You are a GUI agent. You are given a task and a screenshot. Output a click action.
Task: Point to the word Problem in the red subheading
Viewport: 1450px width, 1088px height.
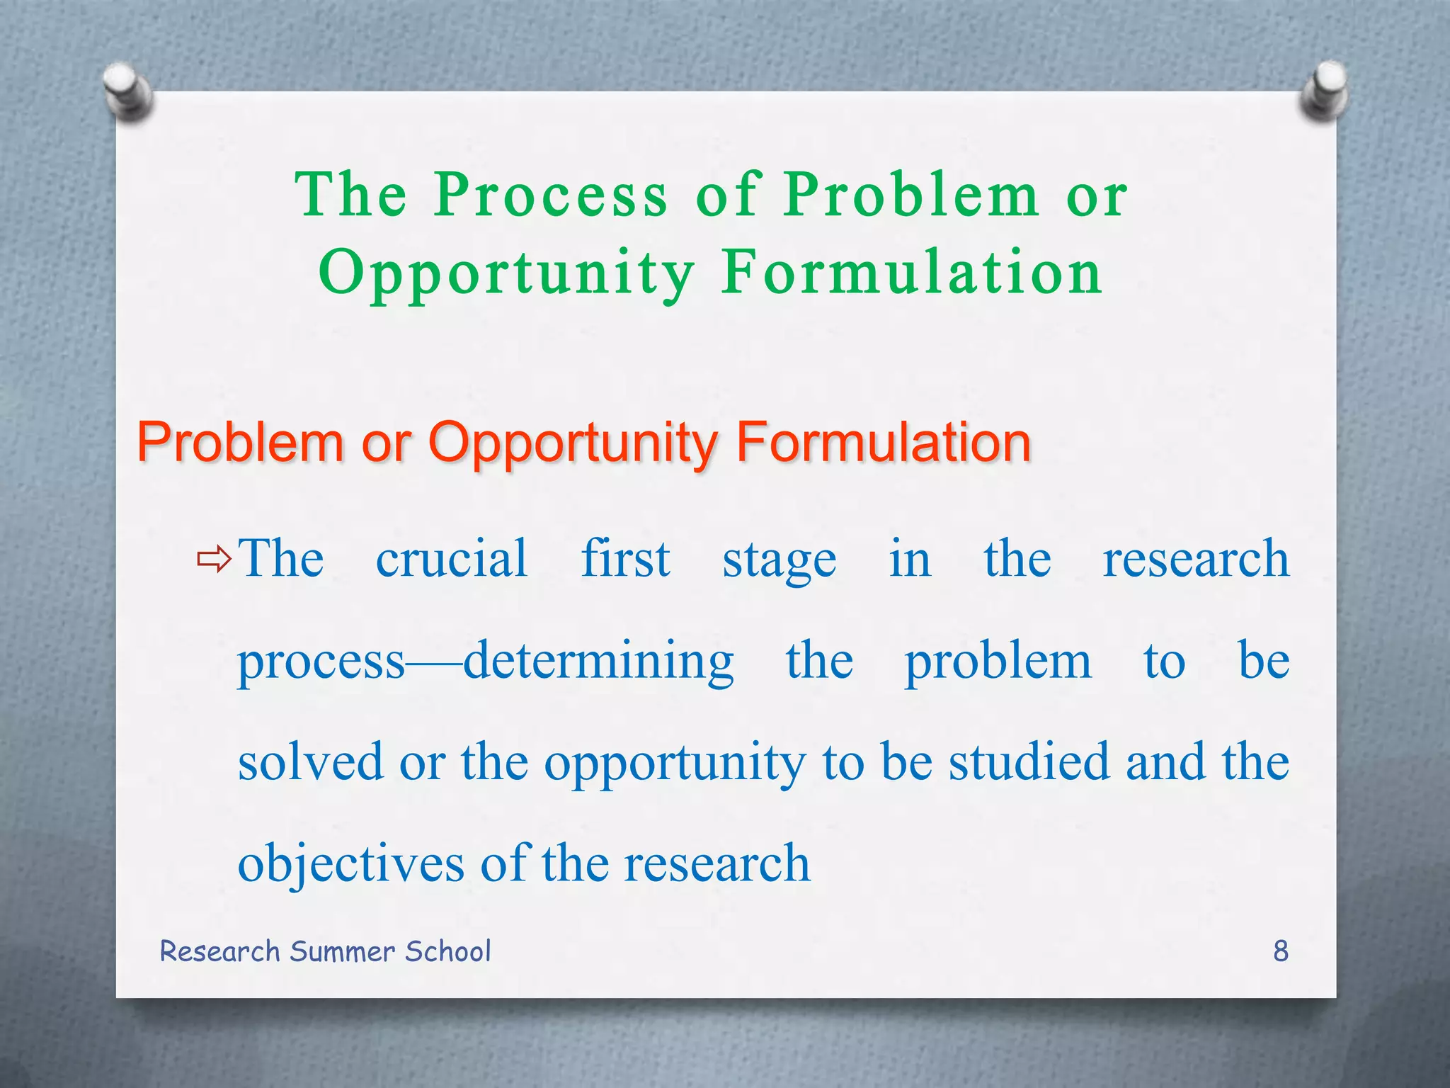(240, 443)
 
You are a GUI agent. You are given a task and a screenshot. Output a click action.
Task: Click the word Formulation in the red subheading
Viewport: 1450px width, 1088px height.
(883, 443)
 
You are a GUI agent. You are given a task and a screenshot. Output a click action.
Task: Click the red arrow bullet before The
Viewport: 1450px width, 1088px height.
(214, 560)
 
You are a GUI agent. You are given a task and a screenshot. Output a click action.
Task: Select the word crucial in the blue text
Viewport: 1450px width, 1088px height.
(452, 559)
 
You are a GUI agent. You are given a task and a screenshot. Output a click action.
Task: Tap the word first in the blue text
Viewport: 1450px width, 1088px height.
(625, 559)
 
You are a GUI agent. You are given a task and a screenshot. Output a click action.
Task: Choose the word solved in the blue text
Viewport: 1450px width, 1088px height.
(310, 763)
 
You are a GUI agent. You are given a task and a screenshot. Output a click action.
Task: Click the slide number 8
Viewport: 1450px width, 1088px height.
(1281, 951)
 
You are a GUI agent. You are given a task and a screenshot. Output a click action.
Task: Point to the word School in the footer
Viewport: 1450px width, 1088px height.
(447, 951)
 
